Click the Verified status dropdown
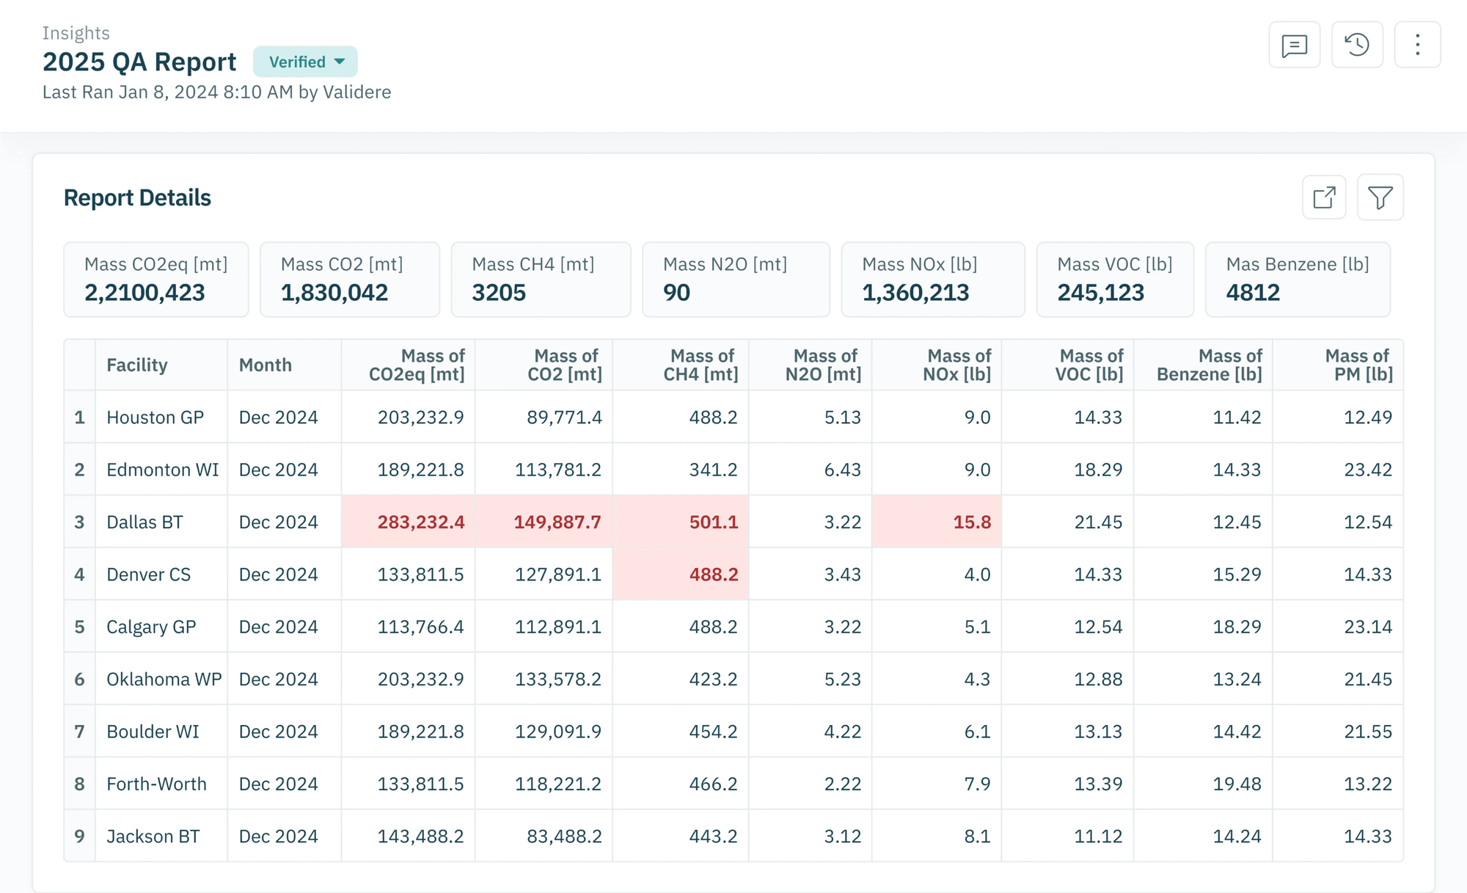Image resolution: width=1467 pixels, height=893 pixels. pyautogui.click(x=305, y=62)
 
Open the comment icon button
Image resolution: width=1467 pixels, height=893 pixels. pyautogui.click(x=1295, y=45)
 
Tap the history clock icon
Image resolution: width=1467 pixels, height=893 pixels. pyautogui.click(x=1357, y=45)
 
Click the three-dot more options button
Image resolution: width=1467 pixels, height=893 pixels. pyautogui.click(x=1417, y=45)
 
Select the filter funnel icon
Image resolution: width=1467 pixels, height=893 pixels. pyautogui.click(x=1380, y=197)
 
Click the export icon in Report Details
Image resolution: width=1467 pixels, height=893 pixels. pyautogui.click(x=1324, y=197)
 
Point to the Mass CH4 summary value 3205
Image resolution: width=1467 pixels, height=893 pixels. pyautogui.click(x=499, y=293)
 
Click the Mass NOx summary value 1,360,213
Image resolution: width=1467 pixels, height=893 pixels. pyautogui.click(x=915, y=293)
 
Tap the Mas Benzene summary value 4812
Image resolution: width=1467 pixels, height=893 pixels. pyautogui.click(x=1253, y=293)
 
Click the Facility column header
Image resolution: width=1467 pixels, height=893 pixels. pyautogui.click(x=137, y=365)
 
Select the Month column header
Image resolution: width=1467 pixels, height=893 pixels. pyautogui.click(x=266, y=365)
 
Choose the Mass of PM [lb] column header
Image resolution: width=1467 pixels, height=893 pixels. pyautogui.click(x=1358, y=365)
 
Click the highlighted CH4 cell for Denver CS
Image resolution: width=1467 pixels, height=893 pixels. pyautogui.click(x=681, y=574)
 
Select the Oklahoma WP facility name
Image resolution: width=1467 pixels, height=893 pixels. pyautogui.click(x=164, y=679)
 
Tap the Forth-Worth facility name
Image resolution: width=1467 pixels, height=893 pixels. pyautogui.click(x=156, y=784)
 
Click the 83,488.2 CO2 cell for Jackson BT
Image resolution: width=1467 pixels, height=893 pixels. pyautogui.click(x=564, y=836)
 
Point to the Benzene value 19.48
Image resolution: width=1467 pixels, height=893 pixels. pyautogui.click(x=1237, y=784)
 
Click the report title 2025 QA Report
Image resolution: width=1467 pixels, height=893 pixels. pyautogui.click(x=139, y=62)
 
